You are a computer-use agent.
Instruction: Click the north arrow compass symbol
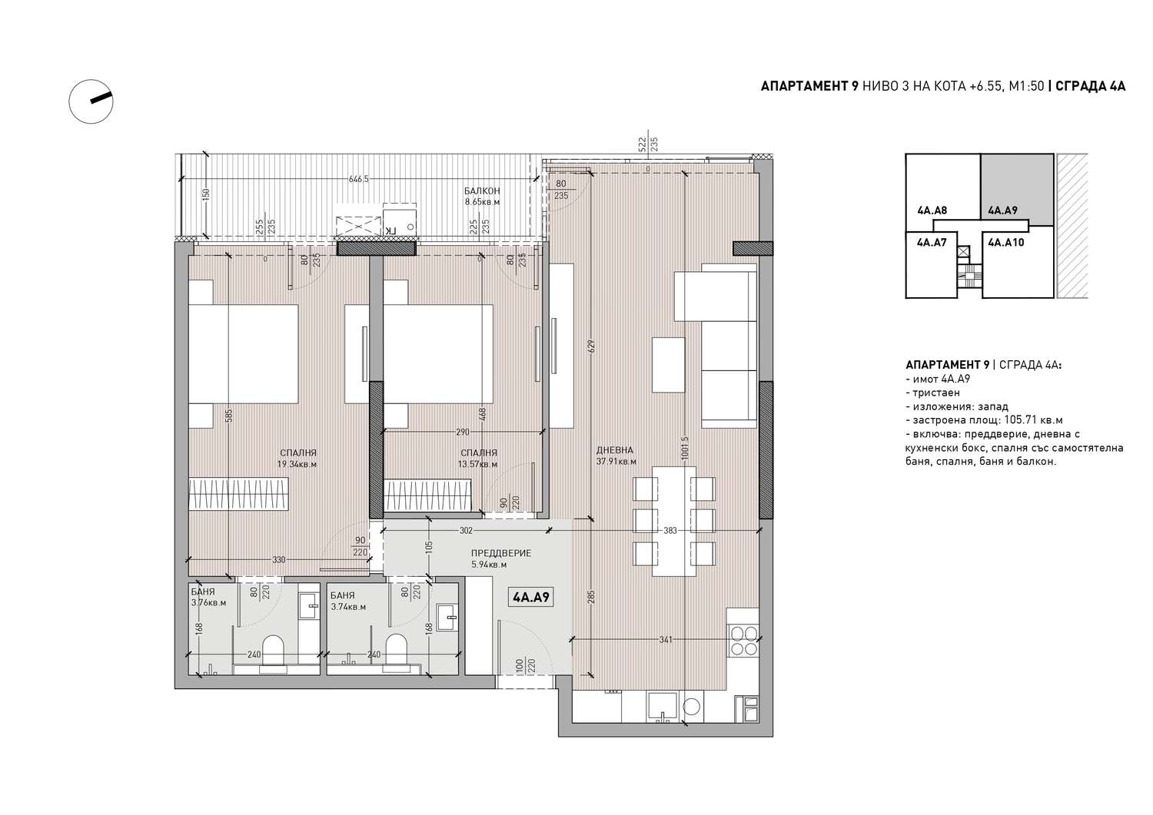point(91,101)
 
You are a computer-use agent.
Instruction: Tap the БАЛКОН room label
point(482,191)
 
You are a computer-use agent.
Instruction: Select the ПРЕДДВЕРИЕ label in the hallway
point(501,553)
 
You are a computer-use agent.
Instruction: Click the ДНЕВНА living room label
point(615,449)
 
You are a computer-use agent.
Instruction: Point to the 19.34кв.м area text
point(297,464)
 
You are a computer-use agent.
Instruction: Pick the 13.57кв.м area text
point(477,464)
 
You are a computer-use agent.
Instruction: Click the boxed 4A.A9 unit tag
point(530,597)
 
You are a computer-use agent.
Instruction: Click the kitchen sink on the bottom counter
point(662,707)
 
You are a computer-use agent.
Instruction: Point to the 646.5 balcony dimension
point(359,179)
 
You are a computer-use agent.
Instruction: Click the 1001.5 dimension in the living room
point(684,448)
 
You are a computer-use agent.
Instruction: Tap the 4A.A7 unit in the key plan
point(932,242)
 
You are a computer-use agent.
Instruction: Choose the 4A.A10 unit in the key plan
point(1006,242)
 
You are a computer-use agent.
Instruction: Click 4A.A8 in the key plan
point(932,210)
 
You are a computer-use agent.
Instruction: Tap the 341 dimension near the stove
point(666,640)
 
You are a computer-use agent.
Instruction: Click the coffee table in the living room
point(668,365)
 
